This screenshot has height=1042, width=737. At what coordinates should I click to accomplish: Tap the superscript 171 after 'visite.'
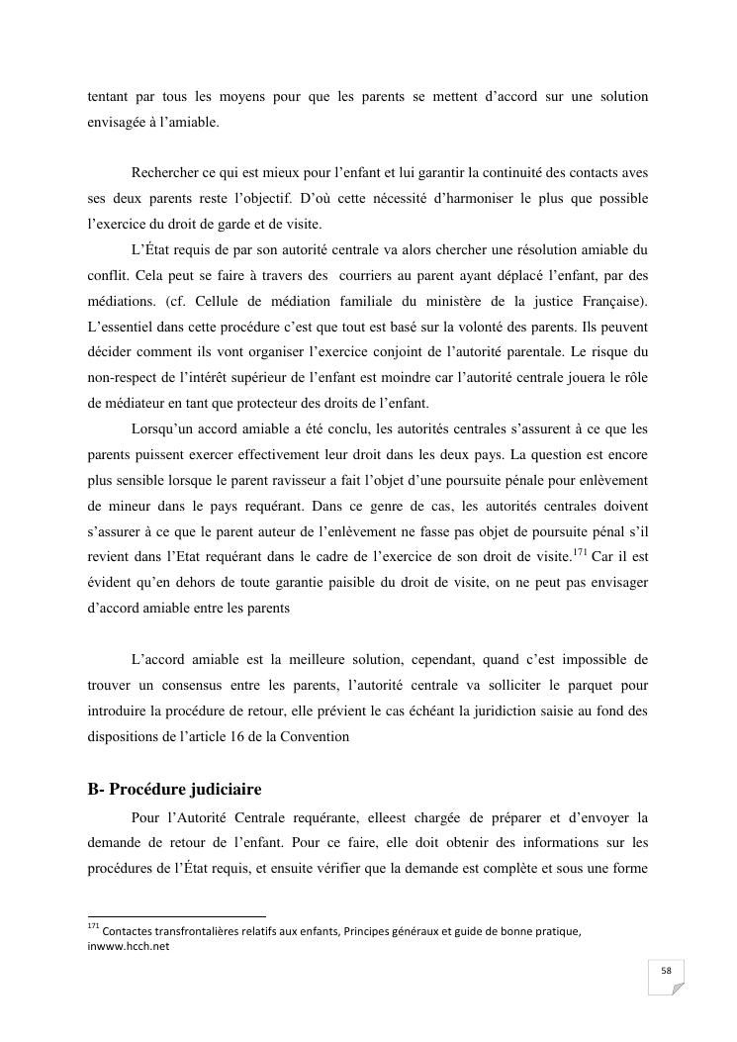582,550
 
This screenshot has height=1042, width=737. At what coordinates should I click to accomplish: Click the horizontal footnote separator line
177,917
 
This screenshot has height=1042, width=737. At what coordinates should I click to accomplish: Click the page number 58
667,972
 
